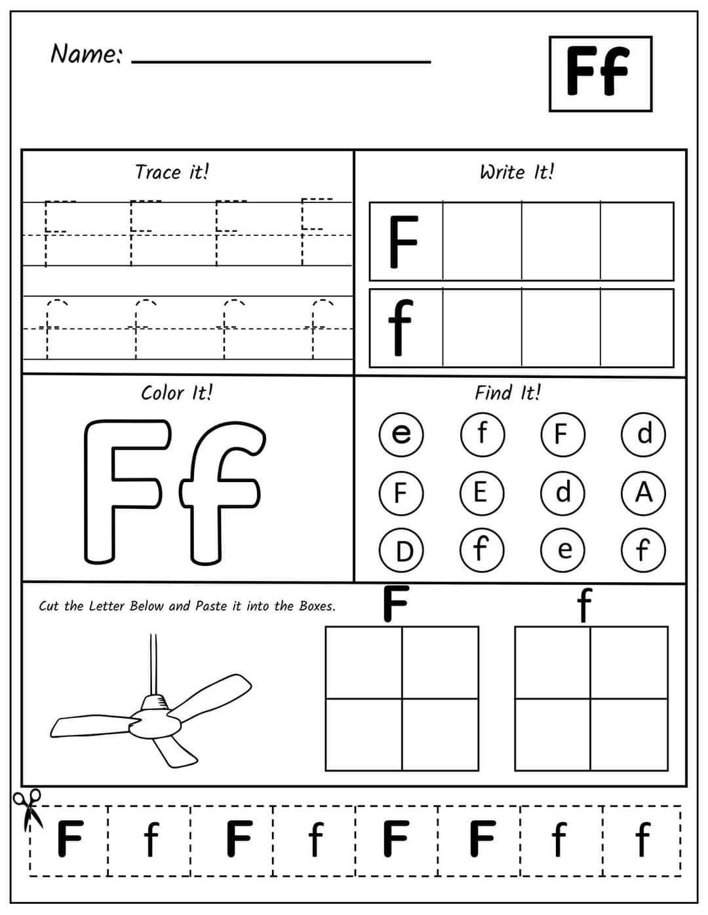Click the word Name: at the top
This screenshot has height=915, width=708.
pos(85,54)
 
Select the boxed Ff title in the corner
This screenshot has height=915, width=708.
pos(600,73)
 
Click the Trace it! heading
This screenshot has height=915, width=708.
pos(172,172)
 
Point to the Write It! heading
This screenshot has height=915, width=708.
pos(517,172)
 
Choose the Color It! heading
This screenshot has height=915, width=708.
pos(176,393)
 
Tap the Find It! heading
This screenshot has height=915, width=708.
pos(508,393)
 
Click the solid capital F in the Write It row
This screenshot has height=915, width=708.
pos(403,242)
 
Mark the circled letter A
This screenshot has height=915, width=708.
pos(643,492)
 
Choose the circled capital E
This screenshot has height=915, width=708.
pos(481,492)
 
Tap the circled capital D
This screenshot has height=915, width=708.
pos(401,550)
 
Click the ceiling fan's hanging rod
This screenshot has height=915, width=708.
pos(153,662)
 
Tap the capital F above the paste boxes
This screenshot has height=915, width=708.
pos(396,603)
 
